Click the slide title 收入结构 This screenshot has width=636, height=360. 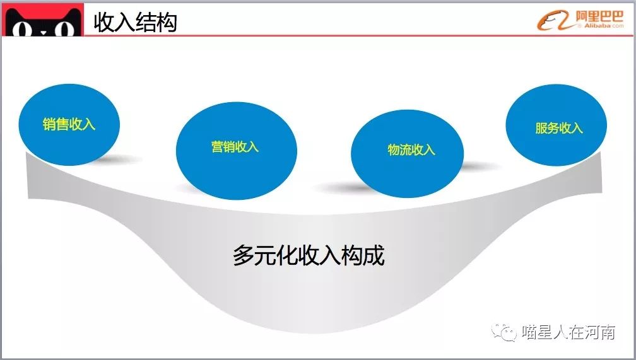135,22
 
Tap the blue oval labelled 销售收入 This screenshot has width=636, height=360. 69,124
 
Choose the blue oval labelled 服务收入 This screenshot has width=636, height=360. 558,128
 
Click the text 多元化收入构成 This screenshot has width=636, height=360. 309,255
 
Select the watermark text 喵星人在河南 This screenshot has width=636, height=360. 568,332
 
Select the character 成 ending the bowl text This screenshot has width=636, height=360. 373,255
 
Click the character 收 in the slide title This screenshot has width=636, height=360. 104,22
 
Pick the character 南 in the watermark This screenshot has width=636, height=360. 607,332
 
